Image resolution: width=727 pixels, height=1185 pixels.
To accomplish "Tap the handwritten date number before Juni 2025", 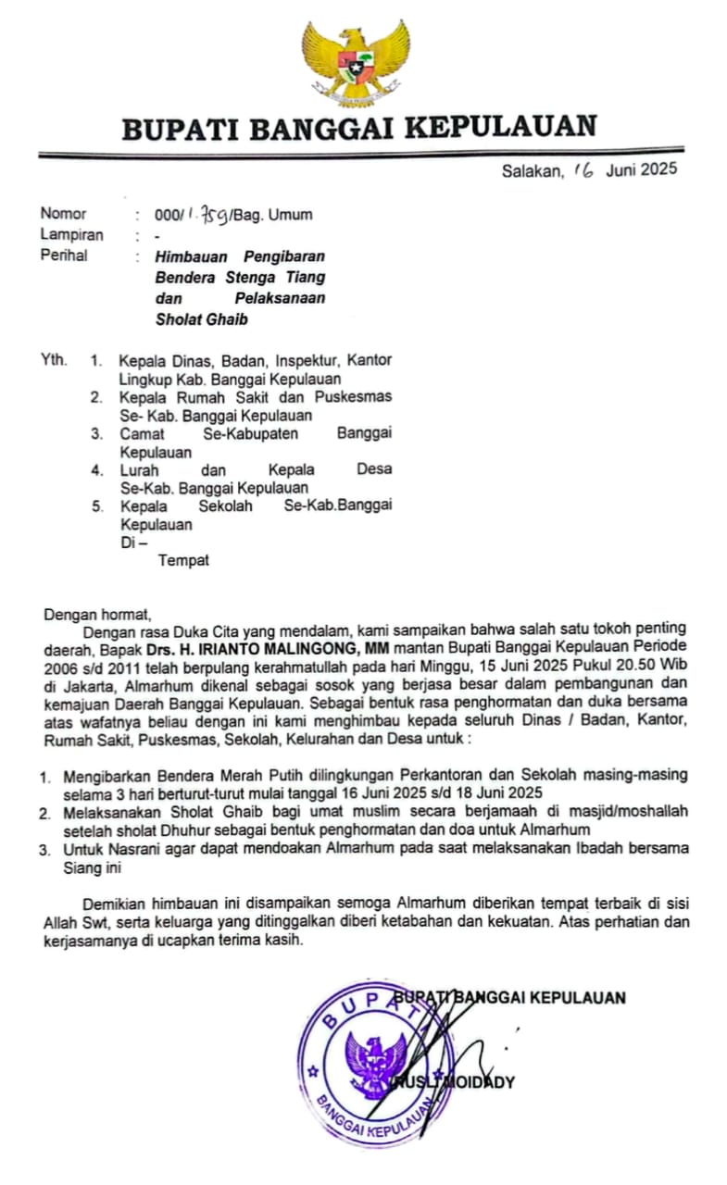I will click(583, 169).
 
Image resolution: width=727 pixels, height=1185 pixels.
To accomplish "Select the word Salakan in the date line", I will click(532, 170).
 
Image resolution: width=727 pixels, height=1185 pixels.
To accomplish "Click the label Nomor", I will click(63, 215).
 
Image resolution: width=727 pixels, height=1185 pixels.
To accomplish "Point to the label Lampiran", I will click(71, 235).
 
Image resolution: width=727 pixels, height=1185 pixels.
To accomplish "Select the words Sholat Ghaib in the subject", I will click(202, 320).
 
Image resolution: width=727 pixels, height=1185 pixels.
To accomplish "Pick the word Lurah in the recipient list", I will click(139, 469).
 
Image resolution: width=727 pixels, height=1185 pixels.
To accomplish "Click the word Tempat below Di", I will click(183, 560).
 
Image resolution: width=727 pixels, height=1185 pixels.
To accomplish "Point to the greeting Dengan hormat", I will click(96, 613).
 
